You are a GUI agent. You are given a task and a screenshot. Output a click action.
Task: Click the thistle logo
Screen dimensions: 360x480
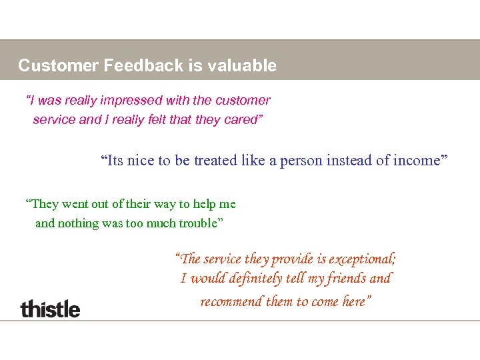coord(50,309)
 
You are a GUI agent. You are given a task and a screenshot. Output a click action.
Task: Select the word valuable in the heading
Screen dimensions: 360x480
coord(242,65)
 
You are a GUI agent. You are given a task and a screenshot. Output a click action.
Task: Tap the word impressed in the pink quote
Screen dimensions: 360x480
coord(131,101)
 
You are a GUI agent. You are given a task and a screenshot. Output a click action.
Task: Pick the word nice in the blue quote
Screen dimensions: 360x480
coord(141,161)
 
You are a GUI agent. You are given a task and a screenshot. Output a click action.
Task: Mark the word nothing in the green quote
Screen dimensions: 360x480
coord(78,223)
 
